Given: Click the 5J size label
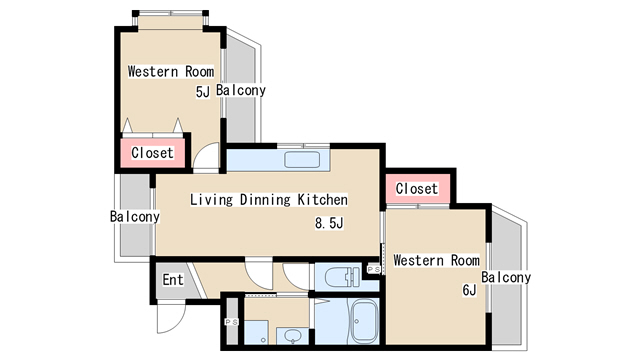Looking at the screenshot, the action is coord(203,92).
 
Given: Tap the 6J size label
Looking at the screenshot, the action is coord(469,290).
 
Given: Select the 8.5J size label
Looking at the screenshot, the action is coord(329,223).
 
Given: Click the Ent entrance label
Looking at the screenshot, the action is coord(173,280).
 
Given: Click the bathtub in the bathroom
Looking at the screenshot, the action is coord(364,322).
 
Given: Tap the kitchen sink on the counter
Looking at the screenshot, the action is coord(302,160).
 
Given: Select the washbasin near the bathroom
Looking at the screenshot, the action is coord(293,336).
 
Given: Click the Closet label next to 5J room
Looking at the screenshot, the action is coord(152,153).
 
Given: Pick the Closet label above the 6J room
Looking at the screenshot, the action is coord(417,189).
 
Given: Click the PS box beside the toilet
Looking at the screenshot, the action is coord(374,269).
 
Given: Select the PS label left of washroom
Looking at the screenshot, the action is coord(231,322).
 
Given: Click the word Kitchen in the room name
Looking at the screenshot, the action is coord(322,200).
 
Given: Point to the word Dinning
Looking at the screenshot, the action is coord(265,200).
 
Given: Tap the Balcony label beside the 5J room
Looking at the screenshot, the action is coord(241,90).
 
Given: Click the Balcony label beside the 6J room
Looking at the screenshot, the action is coord(506,278).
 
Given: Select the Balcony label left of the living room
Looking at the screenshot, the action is coord(135,216).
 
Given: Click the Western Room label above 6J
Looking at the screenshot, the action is coord(436,260).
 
